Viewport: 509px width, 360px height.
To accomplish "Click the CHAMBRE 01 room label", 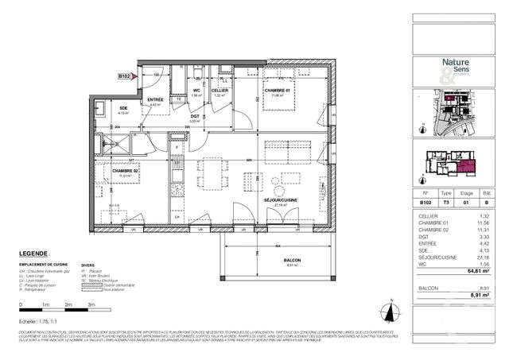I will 278,91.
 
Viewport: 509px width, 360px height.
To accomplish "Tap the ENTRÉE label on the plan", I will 155,99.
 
